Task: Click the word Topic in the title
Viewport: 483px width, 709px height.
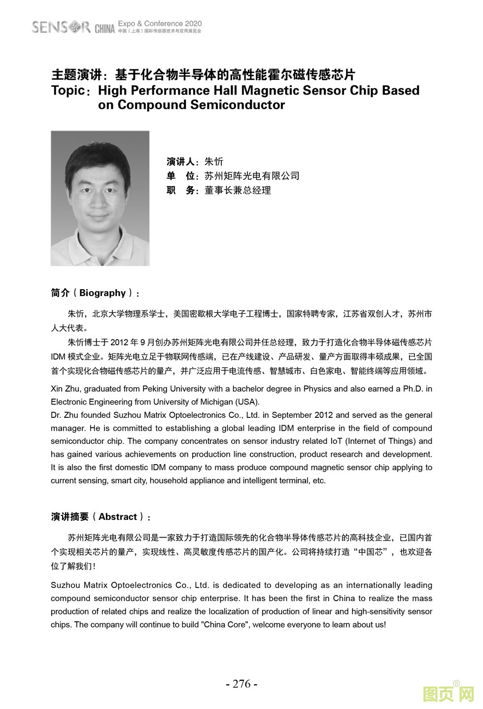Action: pyautogui.click(x=68, y=91)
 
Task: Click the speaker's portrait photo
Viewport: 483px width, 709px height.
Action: pyautogui.click(x=100, y=198)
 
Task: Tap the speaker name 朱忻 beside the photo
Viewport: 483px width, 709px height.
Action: pyautogui.click(x=214, y=162)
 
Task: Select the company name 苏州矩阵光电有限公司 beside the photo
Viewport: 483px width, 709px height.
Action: pyautogui.click(x=252, y=176)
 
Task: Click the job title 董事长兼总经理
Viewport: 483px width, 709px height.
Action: pyautogui.click(x=238, y=190)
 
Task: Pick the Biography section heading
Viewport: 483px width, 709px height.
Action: pyautogui.click(x=95, y=293)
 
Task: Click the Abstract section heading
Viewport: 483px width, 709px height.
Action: pyautogui.click(x=101, y=517)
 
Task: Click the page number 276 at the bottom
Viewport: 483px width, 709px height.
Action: pyautogui.click(x=241, y=684)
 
